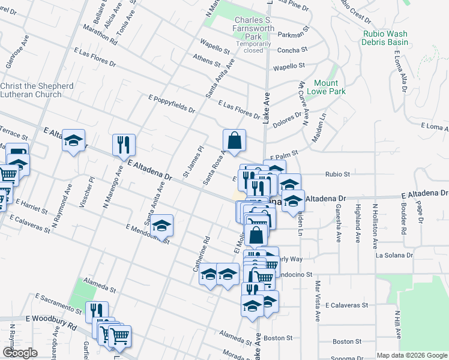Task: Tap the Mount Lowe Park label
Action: click(x=326, y=88)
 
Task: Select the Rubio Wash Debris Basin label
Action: click(x=385, y=38)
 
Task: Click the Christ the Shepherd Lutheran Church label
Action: click(x=37, y=90)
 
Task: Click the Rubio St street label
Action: click(x=337, y=174)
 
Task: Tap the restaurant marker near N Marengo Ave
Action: click(x=124, y=145)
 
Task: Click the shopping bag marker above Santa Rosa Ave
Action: click(x=234, y=141)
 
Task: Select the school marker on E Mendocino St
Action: click(x=161, y=226)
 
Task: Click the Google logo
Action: click(x=20, y=353)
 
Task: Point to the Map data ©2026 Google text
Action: click(x=411, y=355)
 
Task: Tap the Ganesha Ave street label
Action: click(x=339, y=222)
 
